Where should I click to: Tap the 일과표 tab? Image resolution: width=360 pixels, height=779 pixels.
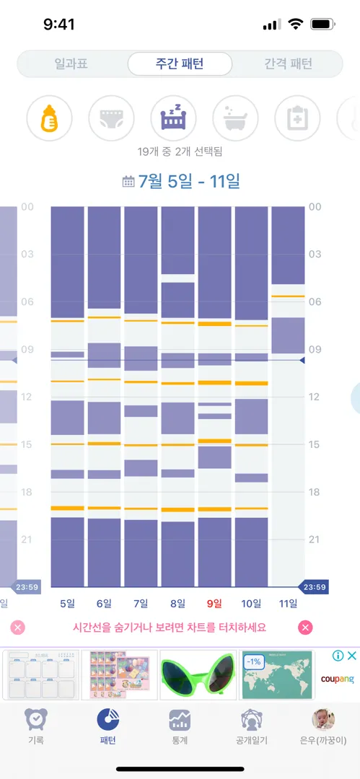pyautogui.click(x=71, y=63)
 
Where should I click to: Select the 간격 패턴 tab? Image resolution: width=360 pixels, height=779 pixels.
pyautogui.click(x=288, y=63)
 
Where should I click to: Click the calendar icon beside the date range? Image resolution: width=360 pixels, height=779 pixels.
pyautogui.click(x=128, y=182)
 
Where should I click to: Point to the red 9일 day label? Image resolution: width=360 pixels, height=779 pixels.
pyautogui.click(x=214, y=604)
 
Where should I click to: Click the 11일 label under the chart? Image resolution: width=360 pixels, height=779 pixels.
pyautogui.click(x=288, y=604)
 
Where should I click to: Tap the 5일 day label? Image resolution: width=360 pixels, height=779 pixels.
pyautogui.click(x=67, y=604)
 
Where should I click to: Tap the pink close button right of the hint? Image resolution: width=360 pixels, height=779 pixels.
pyautogui.click(x=305, y=628)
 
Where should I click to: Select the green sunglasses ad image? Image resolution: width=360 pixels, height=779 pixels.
pyautogui.click(x=198, y=674)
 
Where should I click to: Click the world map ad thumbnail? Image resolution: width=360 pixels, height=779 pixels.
pyautogui.click(x=277, y=674)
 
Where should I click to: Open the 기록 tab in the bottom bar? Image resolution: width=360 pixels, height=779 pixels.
pyautogui.click(x=36, y=726)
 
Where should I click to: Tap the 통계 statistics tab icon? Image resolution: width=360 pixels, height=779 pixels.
pyautogui.click(x=180, y=719)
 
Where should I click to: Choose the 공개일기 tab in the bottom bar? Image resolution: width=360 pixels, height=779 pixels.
pyautogui.click(x=252, y=726)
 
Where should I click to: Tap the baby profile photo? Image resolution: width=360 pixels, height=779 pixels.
pyautogui.click(x=323, y=719)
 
